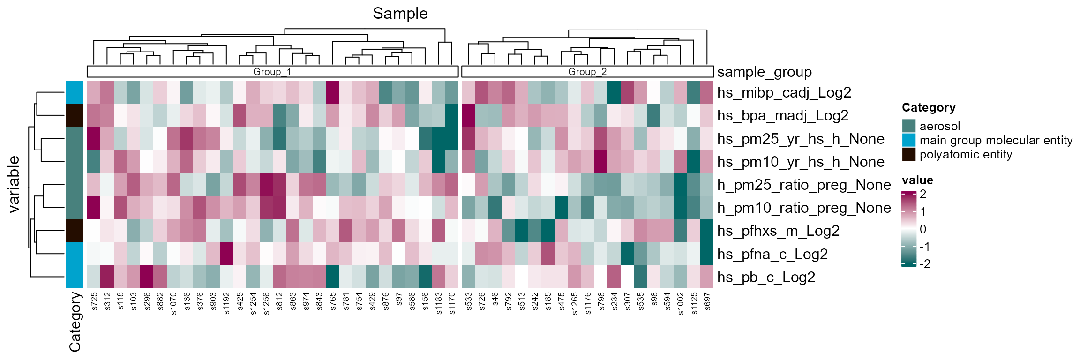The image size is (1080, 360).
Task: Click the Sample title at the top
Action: pos(400,13)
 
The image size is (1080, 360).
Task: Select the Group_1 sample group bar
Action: pos(272,72)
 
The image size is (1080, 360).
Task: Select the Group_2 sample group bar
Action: pos(587,72)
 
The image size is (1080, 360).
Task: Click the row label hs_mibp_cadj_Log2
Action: pos(784,92)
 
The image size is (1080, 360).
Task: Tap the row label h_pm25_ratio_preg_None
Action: pos(803,185)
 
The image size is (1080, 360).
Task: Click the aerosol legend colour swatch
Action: pos(908,126)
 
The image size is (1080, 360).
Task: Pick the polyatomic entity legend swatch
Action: pos(908,154)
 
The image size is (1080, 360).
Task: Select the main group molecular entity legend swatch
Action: pos(908,140)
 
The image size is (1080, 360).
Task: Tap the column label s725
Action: pos(94,301)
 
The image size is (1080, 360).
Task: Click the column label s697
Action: pos(707,301)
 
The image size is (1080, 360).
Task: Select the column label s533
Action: pos(469,301)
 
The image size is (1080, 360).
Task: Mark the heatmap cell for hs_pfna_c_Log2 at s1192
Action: pos(227,254)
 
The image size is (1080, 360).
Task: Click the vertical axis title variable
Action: pos(14,184)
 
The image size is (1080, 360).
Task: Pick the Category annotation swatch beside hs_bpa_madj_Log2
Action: pos(75,115)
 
